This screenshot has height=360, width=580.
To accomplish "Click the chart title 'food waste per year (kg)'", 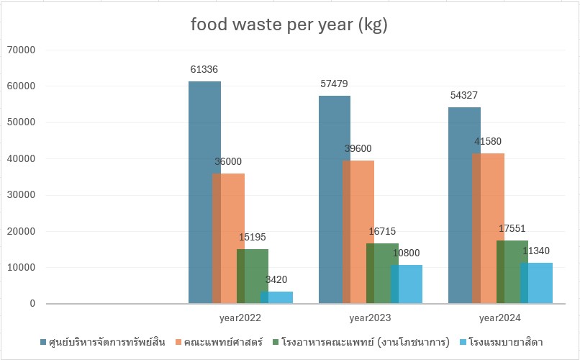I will (x=289, y=25).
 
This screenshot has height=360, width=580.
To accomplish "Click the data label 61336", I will (x=204, y=70).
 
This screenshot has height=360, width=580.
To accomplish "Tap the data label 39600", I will (x=358, y=148).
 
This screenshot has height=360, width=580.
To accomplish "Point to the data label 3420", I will (x=276, y=279).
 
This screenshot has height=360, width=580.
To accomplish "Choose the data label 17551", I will (x=512, y=228).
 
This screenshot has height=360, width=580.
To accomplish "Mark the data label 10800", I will (x=406, y=253).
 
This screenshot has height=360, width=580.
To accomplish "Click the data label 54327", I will (x=463, y=95).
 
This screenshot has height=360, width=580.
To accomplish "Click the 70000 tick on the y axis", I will (x=22, y=50).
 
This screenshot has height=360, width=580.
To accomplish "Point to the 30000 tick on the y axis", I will (x=22, y=195).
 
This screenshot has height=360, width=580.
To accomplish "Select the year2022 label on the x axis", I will (x=240, y=317).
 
